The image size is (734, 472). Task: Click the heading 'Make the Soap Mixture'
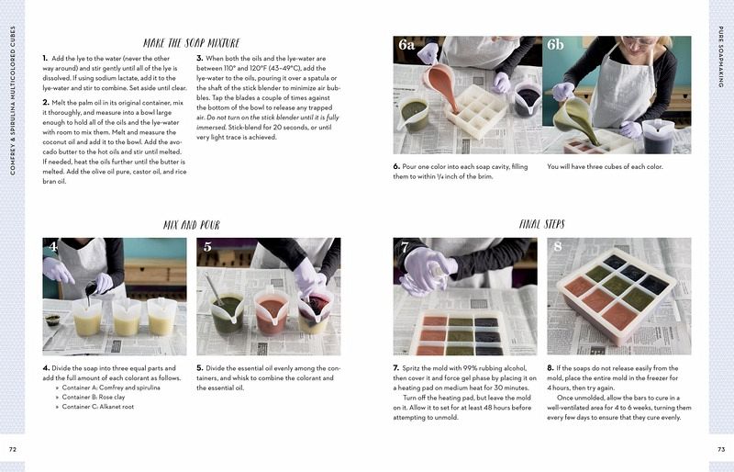coord(191,43)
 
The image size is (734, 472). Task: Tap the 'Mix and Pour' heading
coord(192,225)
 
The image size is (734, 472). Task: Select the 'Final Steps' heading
coord(541,224)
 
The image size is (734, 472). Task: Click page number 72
coord(13,449)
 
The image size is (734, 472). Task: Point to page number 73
coord(721,449)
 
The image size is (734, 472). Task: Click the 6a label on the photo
coord(406,45)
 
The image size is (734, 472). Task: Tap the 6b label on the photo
coord(555,44)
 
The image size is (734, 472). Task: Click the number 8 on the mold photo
coord(557,246)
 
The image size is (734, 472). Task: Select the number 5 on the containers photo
coord(207,247)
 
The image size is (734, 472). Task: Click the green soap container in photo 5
coord(227,311)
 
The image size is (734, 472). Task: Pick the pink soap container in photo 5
coord(271,311)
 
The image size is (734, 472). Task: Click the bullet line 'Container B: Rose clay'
coord(94,397)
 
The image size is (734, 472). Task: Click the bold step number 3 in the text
coord(199,58)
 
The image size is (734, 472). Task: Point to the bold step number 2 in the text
coord(45,102)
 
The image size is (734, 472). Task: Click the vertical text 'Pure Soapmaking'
coord(721,56)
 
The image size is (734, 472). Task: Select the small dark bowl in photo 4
coord(52,320)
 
